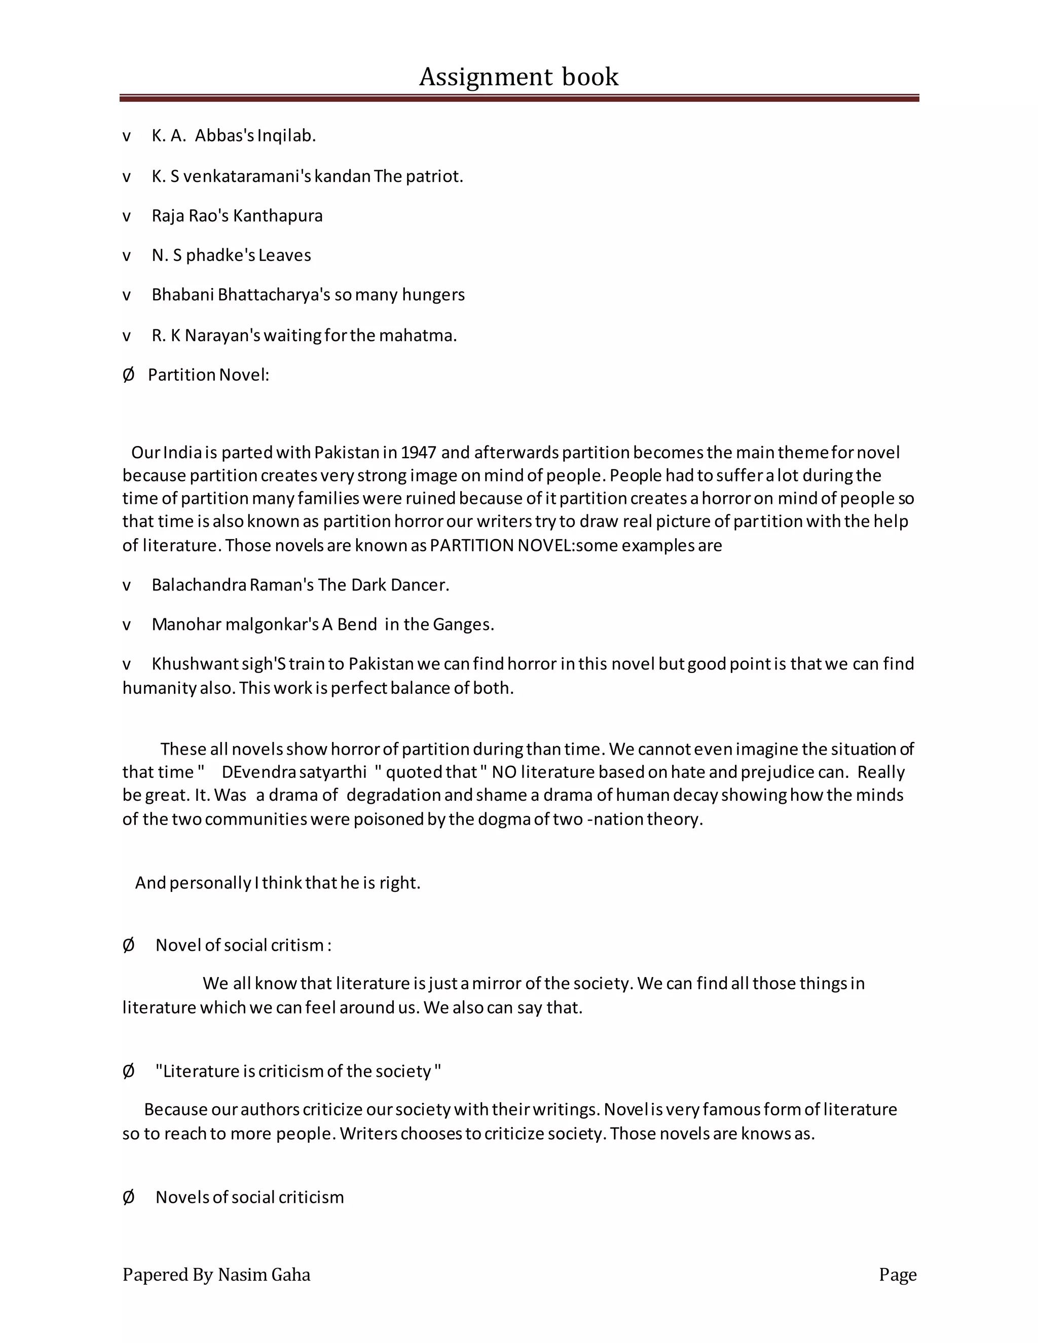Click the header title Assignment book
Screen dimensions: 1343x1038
(518, 77)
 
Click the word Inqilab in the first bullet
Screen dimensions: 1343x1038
(285, 136)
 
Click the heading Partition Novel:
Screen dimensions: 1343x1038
(208, 375)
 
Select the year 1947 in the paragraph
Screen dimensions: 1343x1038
(418, 453)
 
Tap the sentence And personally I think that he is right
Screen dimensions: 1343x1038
(277, 883)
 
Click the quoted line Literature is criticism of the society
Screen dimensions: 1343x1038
(298, 1071)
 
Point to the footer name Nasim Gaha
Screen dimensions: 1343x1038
(264, 1275)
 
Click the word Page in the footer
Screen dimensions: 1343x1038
(897, 1275)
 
